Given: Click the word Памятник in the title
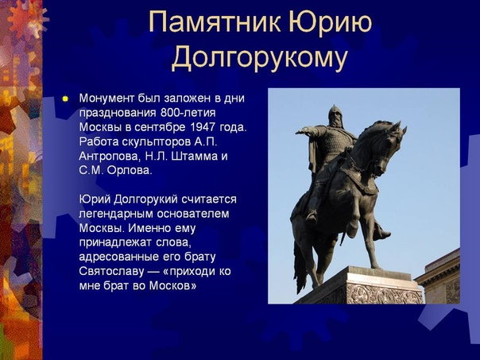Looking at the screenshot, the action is pyautogui.click(x=214, y=22).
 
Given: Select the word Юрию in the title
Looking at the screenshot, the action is pyautogui.click(x=330, y=22).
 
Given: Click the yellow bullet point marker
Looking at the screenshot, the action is pyautogui.click(x=65, y=99).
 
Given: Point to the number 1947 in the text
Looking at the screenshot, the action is pyautogui.click(x=203, y=127).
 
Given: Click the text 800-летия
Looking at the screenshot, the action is pyautogui.click(x=188, y=113).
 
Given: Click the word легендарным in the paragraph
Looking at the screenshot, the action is pyautogui.click(x=116, y=213).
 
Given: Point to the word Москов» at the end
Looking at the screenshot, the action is pyautogui.click(x=173, y=285).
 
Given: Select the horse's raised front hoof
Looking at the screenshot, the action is pyautogui.click(x=382, y=235).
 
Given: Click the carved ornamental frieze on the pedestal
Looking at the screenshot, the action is pyautogui.click(x=384, y=294).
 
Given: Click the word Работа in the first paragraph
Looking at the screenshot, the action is pyautogui.click(x=99, y=141).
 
